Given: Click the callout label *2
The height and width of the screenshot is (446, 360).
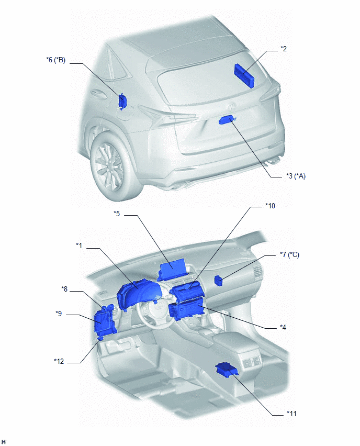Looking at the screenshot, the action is [x=284, y=49].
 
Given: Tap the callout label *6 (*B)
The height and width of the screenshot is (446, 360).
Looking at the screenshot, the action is [x=56, y=60].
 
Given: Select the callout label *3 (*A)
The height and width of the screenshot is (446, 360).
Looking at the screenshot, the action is [x=296, y=176].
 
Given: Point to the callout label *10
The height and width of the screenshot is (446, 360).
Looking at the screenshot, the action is [x=270, y=206].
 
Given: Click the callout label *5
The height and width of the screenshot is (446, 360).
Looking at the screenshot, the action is [x=117, y=214].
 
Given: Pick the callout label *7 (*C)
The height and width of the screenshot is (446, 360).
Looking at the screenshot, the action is [x=289, y=254].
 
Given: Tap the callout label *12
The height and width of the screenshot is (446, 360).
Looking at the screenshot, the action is [x=59, y=361].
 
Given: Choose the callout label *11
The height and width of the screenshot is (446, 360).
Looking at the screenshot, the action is [x=291, y=414].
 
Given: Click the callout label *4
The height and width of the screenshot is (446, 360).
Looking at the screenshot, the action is [x=283, y=327].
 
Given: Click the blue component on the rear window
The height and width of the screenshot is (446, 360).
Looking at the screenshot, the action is [x=244, y=75].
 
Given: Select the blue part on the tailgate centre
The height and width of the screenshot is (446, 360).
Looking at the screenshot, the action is [x=227, y=120].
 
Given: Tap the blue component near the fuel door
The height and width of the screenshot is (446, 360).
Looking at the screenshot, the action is [x=122, y=101].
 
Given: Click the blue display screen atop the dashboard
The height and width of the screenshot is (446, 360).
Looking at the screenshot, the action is [x=172, y=270].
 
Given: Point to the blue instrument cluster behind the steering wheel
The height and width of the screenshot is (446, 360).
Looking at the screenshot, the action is [x=139, y=294].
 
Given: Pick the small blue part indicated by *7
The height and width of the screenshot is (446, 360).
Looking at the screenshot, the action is [x=218, y=280].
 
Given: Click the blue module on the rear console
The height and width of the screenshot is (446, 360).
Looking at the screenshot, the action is [x=227, y=369].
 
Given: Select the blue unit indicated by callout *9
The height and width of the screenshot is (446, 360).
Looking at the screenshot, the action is [x=105, y=322].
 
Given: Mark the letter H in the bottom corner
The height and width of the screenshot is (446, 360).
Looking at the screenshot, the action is [x=4, y=442].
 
